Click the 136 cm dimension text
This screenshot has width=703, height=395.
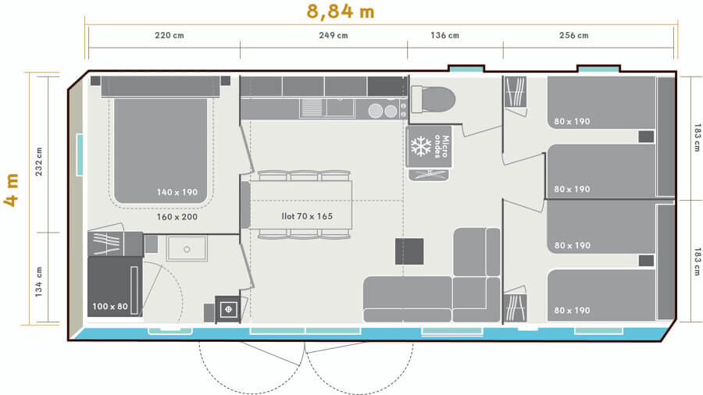444,35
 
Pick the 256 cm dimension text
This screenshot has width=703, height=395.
573,35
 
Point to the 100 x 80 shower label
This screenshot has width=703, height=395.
110,306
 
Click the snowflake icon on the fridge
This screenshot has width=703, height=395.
422,146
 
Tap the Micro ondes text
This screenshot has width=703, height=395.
442,146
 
